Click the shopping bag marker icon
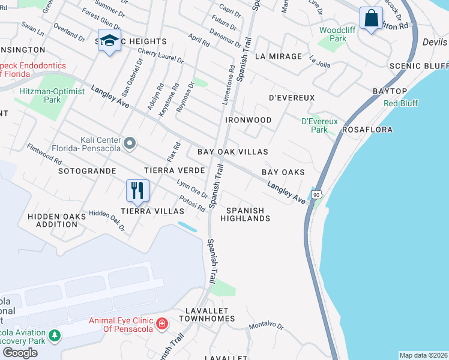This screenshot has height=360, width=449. tap(372, 19)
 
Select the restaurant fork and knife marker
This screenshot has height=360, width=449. tap(137, 191)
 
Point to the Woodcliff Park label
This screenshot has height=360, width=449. tap(333, 34)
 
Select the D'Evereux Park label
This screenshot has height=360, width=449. tap(319, 125)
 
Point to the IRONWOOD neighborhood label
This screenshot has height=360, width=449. tap(248, 120)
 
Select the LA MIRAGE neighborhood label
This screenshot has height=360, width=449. tap(278, 56)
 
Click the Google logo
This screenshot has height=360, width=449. tap(20, 353)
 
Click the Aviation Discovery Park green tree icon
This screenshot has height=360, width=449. tap(55, 334)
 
